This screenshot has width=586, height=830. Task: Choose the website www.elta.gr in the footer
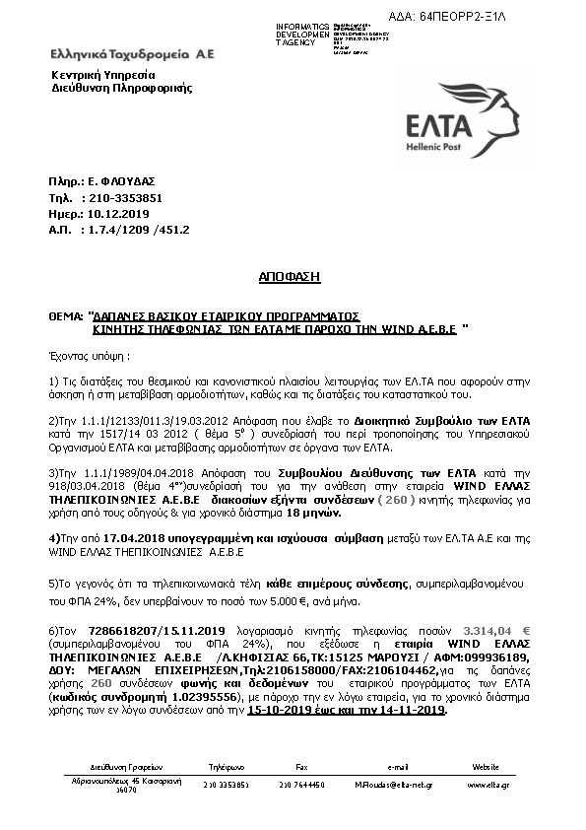[x=486, y=785]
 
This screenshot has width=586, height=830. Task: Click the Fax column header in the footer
[x=302, y=765]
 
